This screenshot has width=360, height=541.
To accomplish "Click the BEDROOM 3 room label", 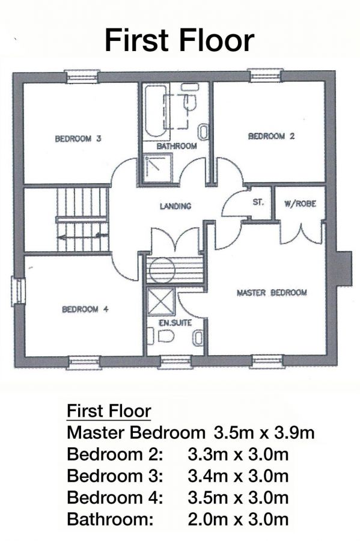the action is [78, 139].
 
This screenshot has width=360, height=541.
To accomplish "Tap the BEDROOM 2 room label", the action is [272, 136].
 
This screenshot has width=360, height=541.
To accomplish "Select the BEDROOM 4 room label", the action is [85, 309].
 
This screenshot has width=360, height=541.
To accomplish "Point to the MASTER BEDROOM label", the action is [272, 293].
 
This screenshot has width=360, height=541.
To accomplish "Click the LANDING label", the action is [175, 206].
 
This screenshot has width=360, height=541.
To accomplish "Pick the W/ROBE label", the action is [300, 204].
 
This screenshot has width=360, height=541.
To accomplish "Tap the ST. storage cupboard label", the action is [258, 202].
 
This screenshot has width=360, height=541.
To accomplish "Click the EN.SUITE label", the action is [175, 323].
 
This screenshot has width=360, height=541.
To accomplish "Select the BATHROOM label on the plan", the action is [177, 146].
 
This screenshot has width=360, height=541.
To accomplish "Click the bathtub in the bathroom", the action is [154, 111].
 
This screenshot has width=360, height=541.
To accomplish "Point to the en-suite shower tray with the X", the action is [161, 302].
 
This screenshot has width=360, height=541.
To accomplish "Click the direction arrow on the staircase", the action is [82, 237].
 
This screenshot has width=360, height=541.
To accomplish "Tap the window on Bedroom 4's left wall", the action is [18, 291].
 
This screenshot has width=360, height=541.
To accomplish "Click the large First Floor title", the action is [179, 40].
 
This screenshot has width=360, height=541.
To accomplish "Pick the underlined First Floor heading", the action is [109, 411].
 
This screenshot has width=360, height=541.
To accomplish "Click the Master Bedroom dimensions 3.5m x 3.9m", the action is [264, 432].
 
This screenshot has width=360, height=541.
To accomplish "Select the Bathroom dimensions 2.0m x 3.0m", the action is [238, 519].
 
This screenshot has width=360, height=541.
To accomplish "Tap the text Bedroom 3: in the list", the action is [114, 476].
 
